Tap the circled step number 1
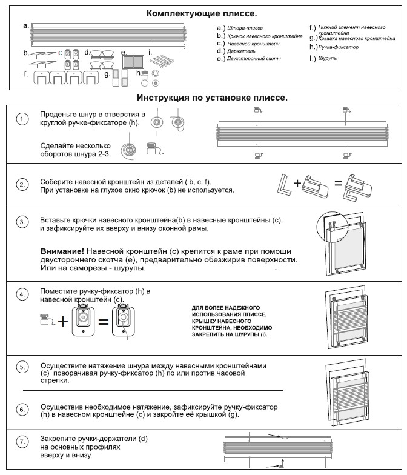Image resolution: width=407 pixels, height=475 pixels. click(23, 120)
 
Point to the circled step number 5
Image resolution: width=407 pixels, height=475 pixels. click(23, 368)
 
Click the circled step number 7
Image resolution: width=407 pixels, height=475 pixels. click(23, 442)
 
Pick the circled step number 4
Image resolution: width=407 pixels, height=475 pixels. click(23, 294)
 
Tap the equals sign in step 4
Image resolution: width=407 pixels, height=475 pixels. click(104, 322)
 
